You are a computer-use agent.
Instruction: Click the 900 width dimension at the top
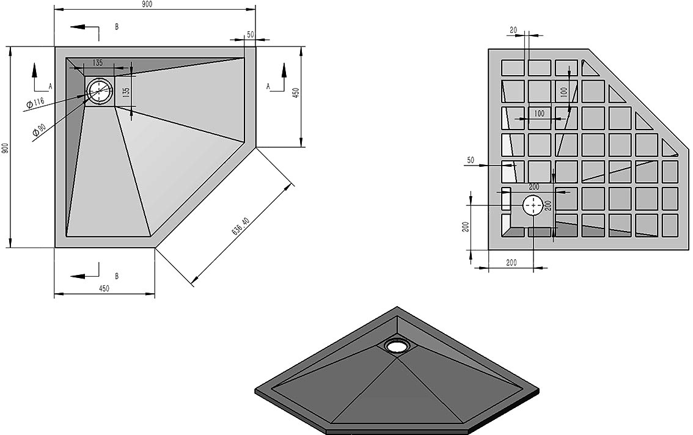[147, 4]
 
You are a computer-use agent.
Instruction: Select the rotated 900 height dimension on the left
[5, 148]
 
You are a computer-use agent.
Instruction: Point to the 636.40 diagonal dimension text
[240, 226]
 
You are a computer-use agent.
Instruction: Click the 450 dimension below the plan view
[103, 288]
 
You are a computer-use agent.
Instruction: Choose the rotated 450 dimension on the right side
[296, 93]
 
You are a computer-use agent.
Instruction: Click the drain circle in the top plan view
[100, 90]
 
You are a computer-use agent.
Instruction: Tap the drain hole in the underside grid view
[534, 205]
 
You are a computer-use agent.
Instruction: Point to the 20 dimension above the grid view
[513, 30]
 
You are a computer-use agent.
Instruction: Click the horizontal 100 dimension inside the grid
[539, 113]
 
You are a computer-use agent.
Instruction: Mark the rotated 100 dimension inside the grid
[563, 92]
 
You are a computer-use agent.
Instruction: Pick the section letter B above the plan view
[117, 26]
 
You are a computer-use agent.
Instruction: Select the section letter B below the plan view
[117, 276]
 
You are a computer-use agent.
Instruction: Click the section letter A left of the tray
[50, 86]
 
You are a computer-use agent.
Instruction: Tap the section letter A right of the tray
[268, 86]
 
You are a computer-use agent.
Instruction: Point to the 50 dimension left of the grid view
[471, 160]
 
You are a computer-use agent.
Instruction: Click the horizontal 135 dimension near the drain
[98, 63]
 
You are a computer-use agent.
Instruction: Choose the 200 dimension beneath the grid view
[511, 263]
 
